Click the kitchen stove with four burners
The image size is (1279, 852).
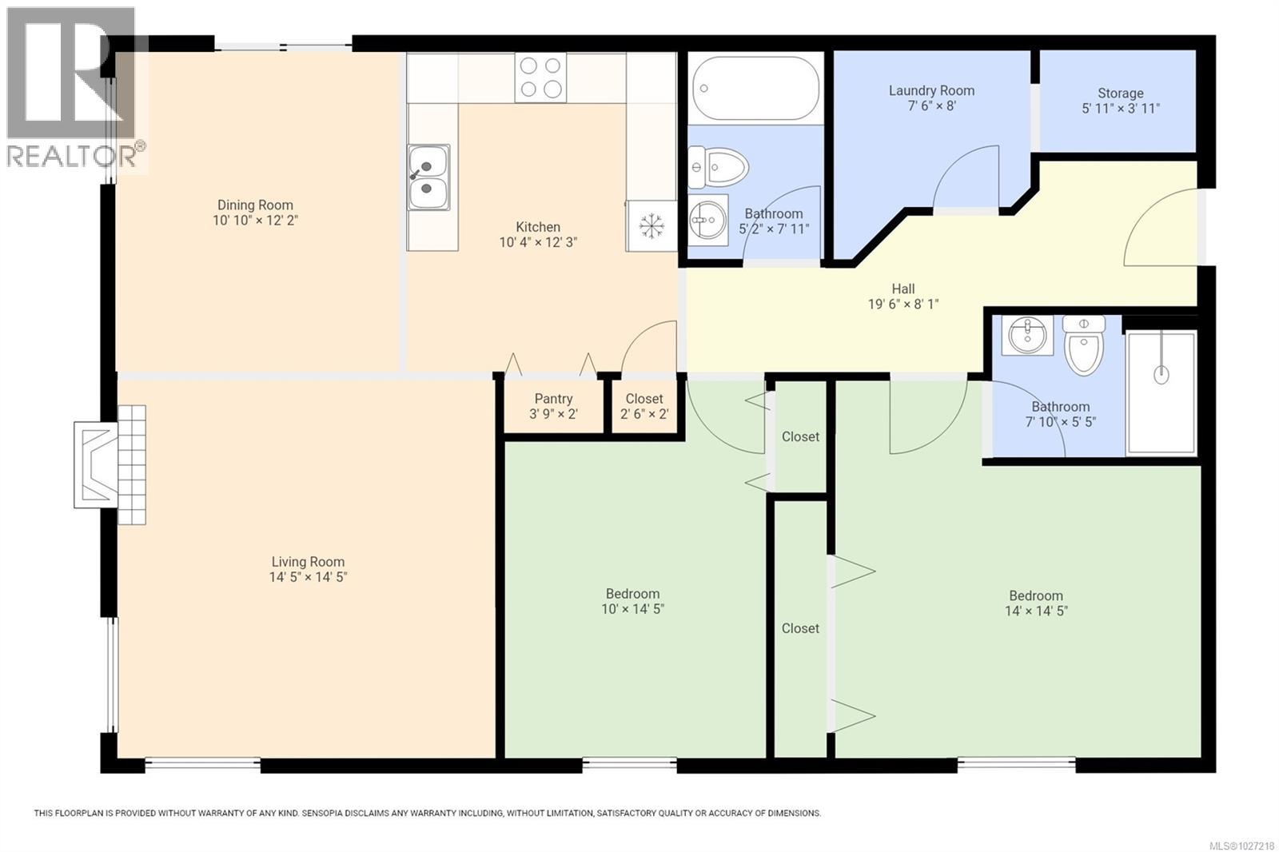point(540,78)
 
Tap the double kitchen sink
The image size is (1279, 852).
point(428,177)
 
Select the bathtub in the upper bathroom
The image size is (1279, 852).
point(755,88)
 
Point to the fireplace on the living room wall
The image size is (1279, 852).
point(110,464)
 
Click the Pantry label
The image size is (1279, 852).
point(553,399)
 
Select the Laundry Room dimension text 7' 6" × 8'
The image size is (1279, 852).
point(931,106)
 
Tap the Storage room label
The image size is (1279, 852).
point(1120,94)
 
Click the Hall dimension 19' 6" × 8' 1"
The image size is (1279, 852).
point(903,304)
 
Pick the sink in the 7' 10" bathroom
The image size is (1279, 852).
point(1027,335)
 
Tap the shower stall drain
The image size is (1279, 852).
point(1161,373)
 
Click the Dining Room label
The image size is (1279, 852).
point(255,205)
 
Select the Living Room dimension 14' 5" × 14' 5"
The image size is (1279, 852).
point(308,577)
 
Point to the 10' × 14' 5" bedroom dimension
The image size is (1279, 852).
point(632,609)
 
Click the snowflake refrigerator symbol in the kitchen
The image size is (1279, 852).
point(652,226)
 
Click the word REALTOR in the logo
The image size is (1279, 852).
point(70,155)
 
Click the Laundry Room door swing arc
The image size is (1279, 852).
point(966,177)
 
